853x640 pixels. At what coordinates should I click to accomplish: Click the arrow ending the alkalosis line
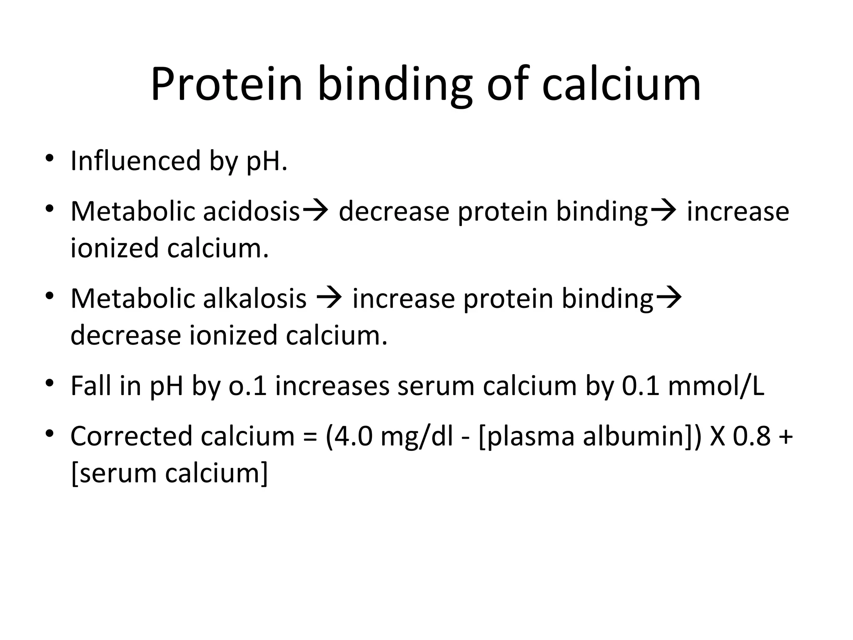pos(668,298)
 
